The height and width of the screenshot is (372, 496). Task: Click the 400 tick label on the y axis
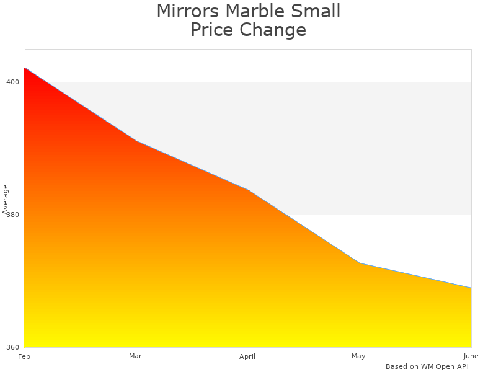tap(13, 82)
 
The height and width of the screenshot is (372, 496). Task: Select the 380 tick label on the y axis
tap(13, 215)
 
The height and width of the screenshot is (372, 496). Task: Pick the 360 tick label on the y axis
tap(13, 347)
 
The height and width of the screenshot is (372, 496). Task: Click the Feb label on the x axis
tap(24, 356)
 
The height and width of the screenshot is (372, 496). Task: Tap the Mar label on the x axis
tap(135, 356)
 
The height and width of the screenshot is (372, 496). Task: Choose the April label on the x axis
tap(247, 356)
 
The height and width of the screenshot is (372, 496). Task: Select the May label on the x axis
tap(358, 356)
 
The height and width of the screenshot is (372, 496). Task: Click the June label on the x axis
tap(471, 356)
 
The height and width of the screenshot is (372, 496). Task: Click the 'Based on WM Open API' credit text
tap(427, 366)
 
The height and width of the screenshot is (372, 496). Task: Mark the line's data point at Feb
tap(25, 68)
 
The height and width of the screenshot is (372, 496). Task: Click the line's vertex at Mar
tap(136, 141)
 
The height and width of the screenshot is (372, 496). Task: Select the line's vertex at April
tap(248, 190)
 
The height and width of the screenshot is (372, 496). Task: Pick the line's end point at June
tap(471, 288)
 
